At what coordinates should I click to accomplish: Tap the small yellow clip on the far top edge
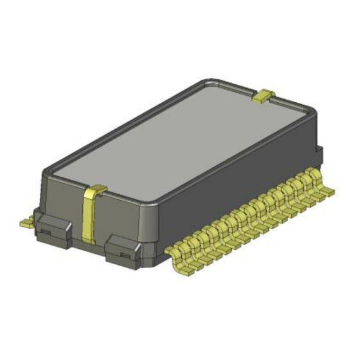(x=264, y=96)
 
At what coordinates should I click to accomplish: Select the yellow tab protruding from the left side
(x=26, y=222)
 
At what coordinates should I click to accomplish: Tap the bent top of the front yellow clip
(x=96, y=191)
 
